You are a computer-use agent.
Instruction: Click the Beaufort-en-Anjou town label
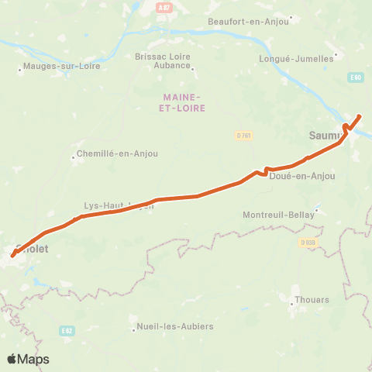pos(248,22)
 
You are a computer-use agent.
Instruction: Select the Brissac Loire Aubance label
pos(163,60)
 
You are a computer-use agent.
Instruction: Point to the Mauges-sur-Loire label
pos(63,67)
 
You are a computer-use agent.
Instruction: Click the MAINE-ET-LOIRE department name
pos(184,102)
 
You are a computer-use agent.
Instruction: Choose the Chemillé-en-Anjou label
pos(119,153)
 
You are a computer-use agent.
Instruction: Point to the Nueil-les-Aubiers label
pos(175,326)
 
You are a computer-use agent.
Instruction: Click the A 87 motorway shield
pos(163,7)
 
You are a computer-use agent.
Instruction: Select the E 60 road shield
pos(356,77)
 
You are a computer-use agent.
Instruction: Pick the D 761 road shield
pos(243,135)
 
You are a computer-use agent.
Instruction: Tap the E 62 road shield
pos(67,330)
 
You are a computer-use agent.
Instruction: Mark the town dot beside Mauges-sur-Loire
pos(20,70)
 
